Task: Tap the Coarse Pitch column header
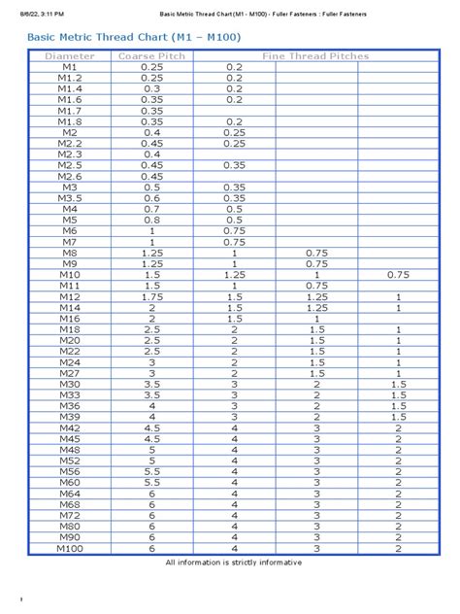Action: (151, 56)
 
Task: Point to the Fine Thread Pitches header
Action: (316, 56)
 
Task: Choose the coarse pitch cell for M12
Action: (151, 296)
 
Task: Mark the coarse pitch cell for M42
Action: (151, 427)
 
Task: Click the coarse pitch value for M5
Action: (151, 220)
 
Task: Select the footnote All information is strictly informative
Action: (234, 563)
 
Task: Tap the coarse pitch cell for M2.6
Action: (151, 176)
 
